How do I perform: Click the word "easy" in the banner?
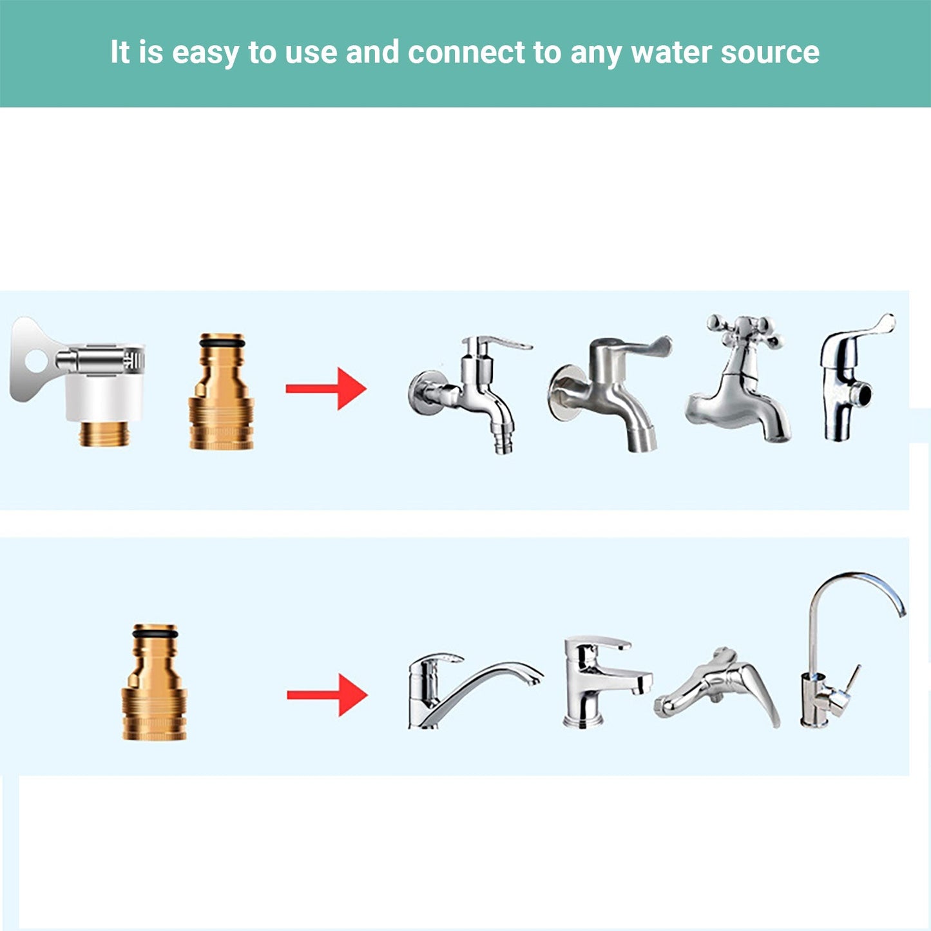click(206, 53)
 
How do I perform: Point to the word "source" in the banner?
click(770, 53)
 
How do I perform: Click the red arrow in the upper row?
click(326, 389)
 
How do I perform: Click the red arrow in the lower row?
click(327, 695)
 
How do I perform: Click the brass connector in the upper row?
click(221, 391)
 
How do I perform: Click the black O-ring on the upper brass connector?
click(221, 343)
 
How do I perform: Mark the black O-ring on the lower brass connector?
click(155, 634)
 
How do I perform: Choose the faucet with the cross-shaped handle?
click(737, 378)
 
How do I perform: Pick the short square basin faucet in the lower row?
click(607, 682)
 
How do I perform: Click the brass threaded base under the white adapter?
click(103, 434)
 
